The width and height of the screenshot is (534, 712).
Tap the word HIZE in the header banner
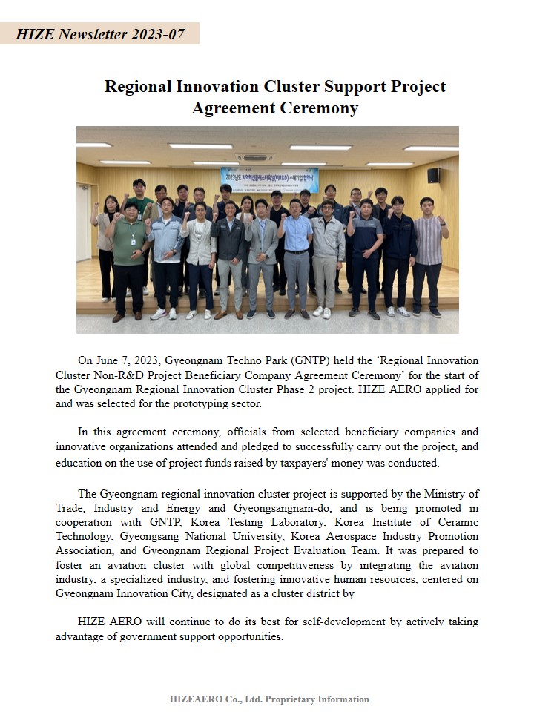(34, 34)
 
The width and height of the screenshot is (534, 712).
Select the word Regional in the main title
(138, 86)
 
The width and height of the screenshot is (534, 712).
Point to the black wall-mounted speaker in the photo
(433, 175)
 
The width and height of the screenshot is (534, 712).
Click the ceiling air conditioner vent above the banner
(256, 157)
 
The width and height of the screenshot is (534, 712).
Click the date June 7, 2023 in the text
(131, 361)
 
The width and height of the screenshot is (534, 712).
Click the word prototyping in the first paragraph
(180, 404)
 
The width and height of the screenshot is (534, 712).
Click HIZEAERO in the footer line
(194, 699)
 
